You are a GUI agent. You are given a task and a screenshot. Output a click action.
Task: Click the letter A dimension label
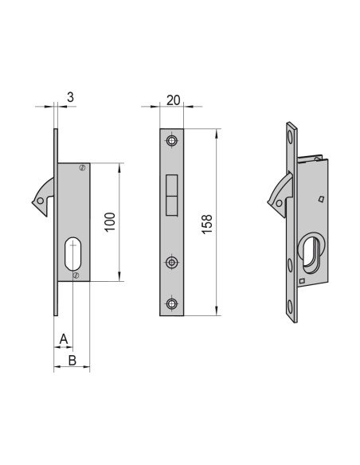coord(64,340)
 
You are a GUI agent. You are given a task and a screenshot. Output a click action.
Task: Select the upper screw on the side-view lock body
coord(81,168)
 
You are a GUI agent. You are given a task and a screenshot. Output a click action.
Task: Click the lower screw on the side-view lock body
coord(76,275)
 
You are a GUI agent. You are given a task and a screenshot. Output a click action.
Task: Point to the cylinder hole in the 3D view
coord(311,253)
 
